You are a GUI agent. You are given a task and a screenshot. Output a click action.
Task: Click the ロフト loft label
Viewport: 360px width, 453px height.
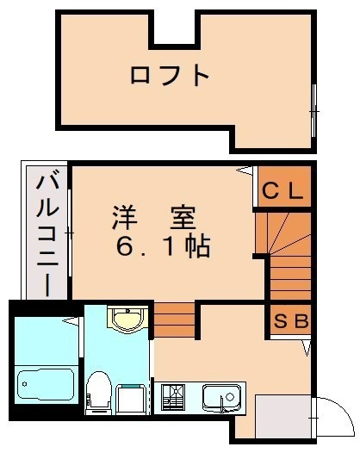(x=171, y=76)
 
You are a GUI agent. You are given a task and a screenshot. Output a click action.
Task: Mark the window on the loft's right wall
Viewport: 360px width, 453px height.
(x=313, y=111)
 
